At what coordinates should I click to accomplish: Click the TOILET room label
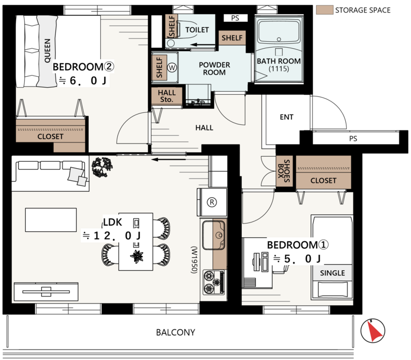click(197, 30)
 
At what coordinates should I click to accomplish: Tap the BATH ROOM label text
click(278, 61)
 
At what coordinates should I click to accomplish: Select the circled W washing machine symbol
click(172, 68)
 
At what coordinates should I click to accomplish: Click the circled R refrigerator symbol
click(212, 202)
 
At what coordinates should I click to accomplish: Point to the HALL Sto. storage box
click(167, 96)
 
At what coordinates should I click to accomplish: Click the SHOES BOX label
click(284, 171)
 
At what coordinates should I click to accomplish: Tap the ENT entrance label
click(287, 117)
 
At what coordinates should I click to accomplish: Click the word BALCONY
click(175, 332)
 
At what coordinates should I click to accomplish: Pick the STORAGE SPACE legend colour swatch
click(324, 10)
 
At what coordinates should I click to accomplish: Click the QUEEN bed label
click(48, 50)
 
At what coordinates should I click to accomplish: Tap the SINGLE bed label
click(333, 273)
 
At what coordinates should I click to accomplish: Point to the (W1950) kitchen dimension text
click(194, 260)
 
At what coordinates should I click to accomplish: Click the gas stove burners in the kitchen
click(214, 282)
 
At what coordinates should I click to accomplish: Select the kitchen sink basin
click(213, 235)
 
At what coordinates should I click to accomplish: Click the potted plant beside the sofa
click(102, 167)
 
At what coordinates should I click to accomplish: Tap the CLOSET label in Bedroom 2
click(50, 136)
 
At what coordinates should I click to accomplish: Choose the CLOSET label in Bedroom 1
click(323, 180)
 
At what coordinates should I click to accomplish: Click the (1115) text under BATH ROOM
click(278, 69)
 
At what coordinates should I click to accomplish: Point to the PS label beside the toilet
click(235, 18)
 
